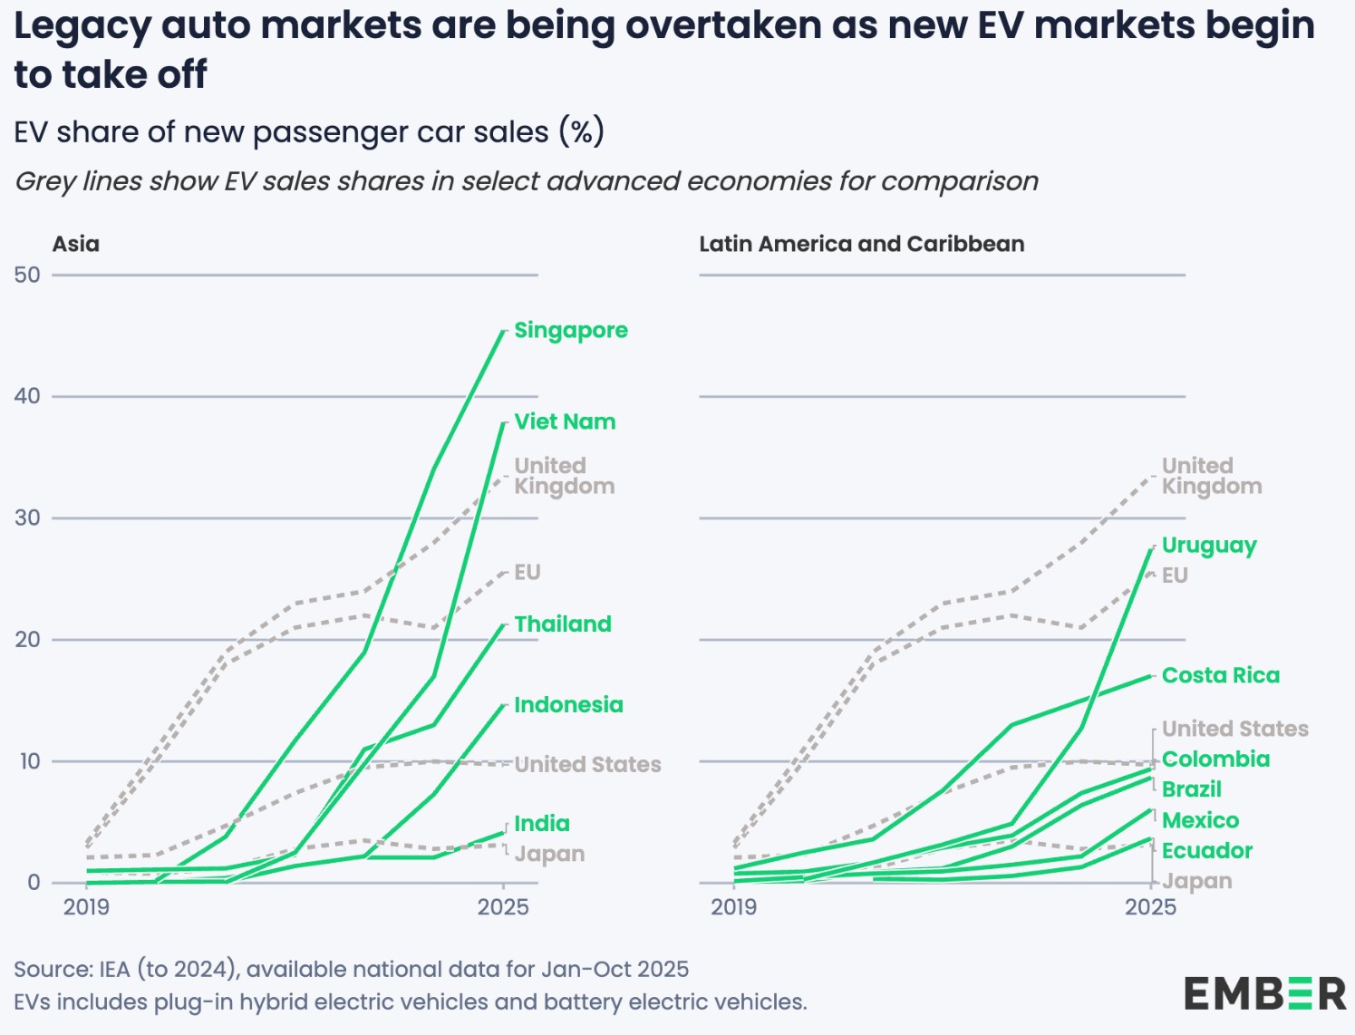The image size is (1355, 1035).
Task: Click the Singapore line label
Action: click(570, 331)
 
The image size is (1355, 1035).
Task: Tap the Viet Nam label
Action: click(565, 422)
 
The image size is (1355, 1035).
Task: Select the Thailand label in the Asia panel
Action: click(563, 624)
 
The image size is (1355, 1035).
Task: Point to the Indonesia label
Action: click(568, 705)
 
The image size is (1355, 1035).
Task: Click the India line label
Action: click(542, 824)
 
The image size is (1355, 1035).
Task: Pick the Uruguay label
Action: click(1209, 546)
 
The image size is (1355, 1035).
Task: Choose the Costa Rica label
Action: click(1221, 676)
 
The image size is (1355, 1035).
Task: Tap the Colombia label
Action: click(1215, 759)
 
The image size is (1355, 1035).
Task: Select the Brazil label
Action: click(1192, 789)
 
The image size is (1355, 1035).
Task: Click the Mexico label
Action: click(1200, 821)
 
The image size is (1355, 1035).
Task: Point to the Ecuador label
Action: click(1207, 851)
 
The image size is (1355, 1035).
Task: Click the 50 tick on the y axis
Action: click(28, 276)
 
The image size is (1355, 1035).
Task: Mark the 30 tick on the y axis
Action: click(28, 518)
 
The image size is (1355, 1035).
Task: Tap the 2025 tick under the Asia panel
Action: click(503, 907)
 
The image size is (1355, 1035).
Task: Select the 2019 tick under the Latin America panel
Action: click(733, 907)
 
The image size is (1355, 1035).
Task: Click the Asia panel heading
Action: click(76, 245)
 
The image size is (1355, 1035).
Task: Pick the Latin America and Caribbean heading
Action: click(861, 245)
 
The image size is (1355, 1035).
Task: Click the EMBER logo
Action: click(1264, 993)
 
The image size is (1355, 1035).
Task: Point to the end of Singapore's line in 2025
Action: click(505, 332)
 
